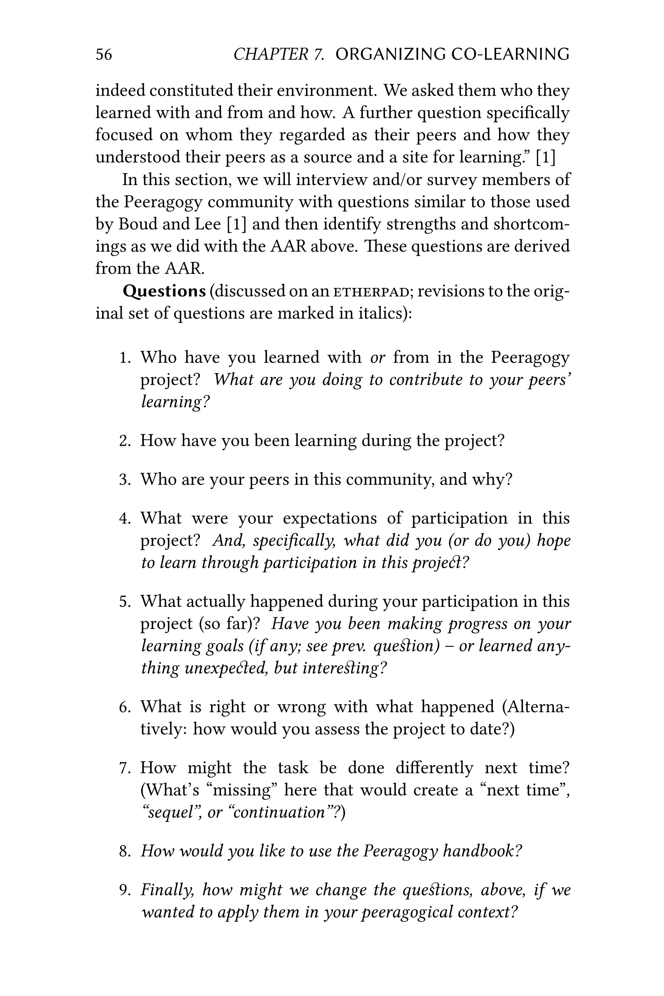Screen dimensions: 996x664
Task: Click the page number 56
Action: (x=104, y=54)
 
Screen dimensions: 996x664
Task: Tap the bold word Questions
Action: (x=164, y=291)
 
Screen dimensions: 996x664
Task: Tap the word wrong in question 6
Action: (x=302, y=707)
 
